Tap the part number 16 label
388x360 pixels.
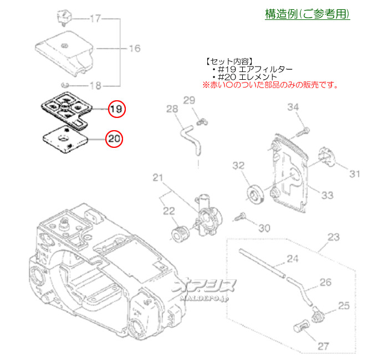(135, 49)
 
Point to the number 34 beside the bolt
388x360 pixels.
(293, 107)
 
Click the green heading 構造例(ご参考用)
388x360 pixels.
(307, 14)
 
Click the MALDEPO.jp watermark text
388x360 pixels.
(205, 299)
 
